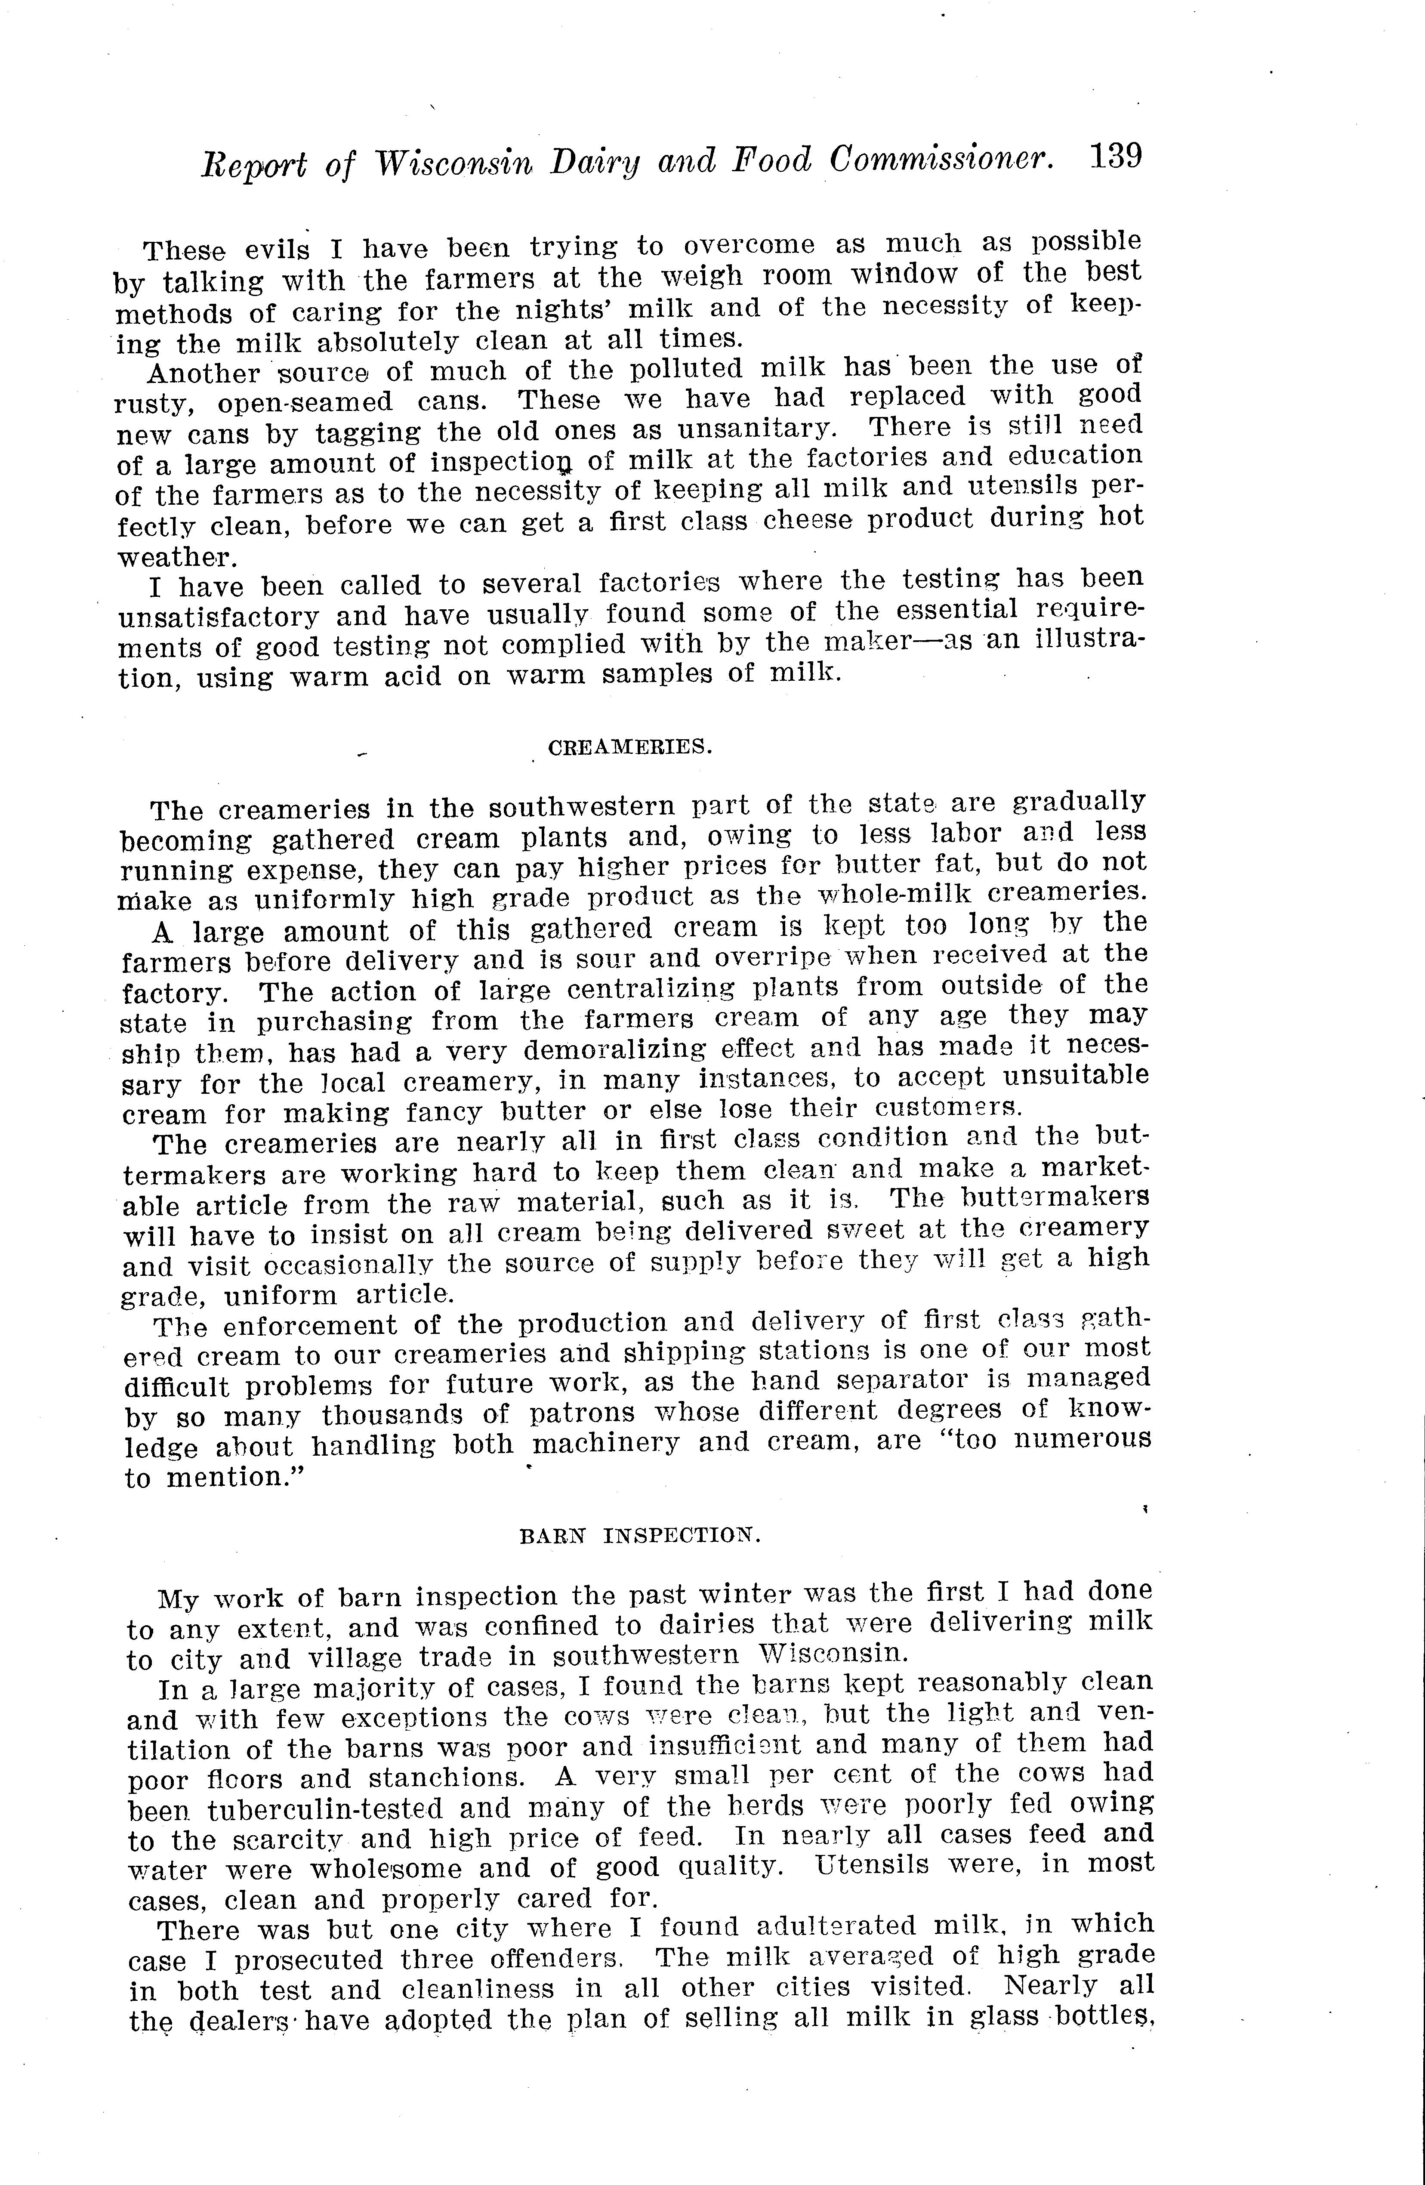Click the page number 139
coord(1116,156)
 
